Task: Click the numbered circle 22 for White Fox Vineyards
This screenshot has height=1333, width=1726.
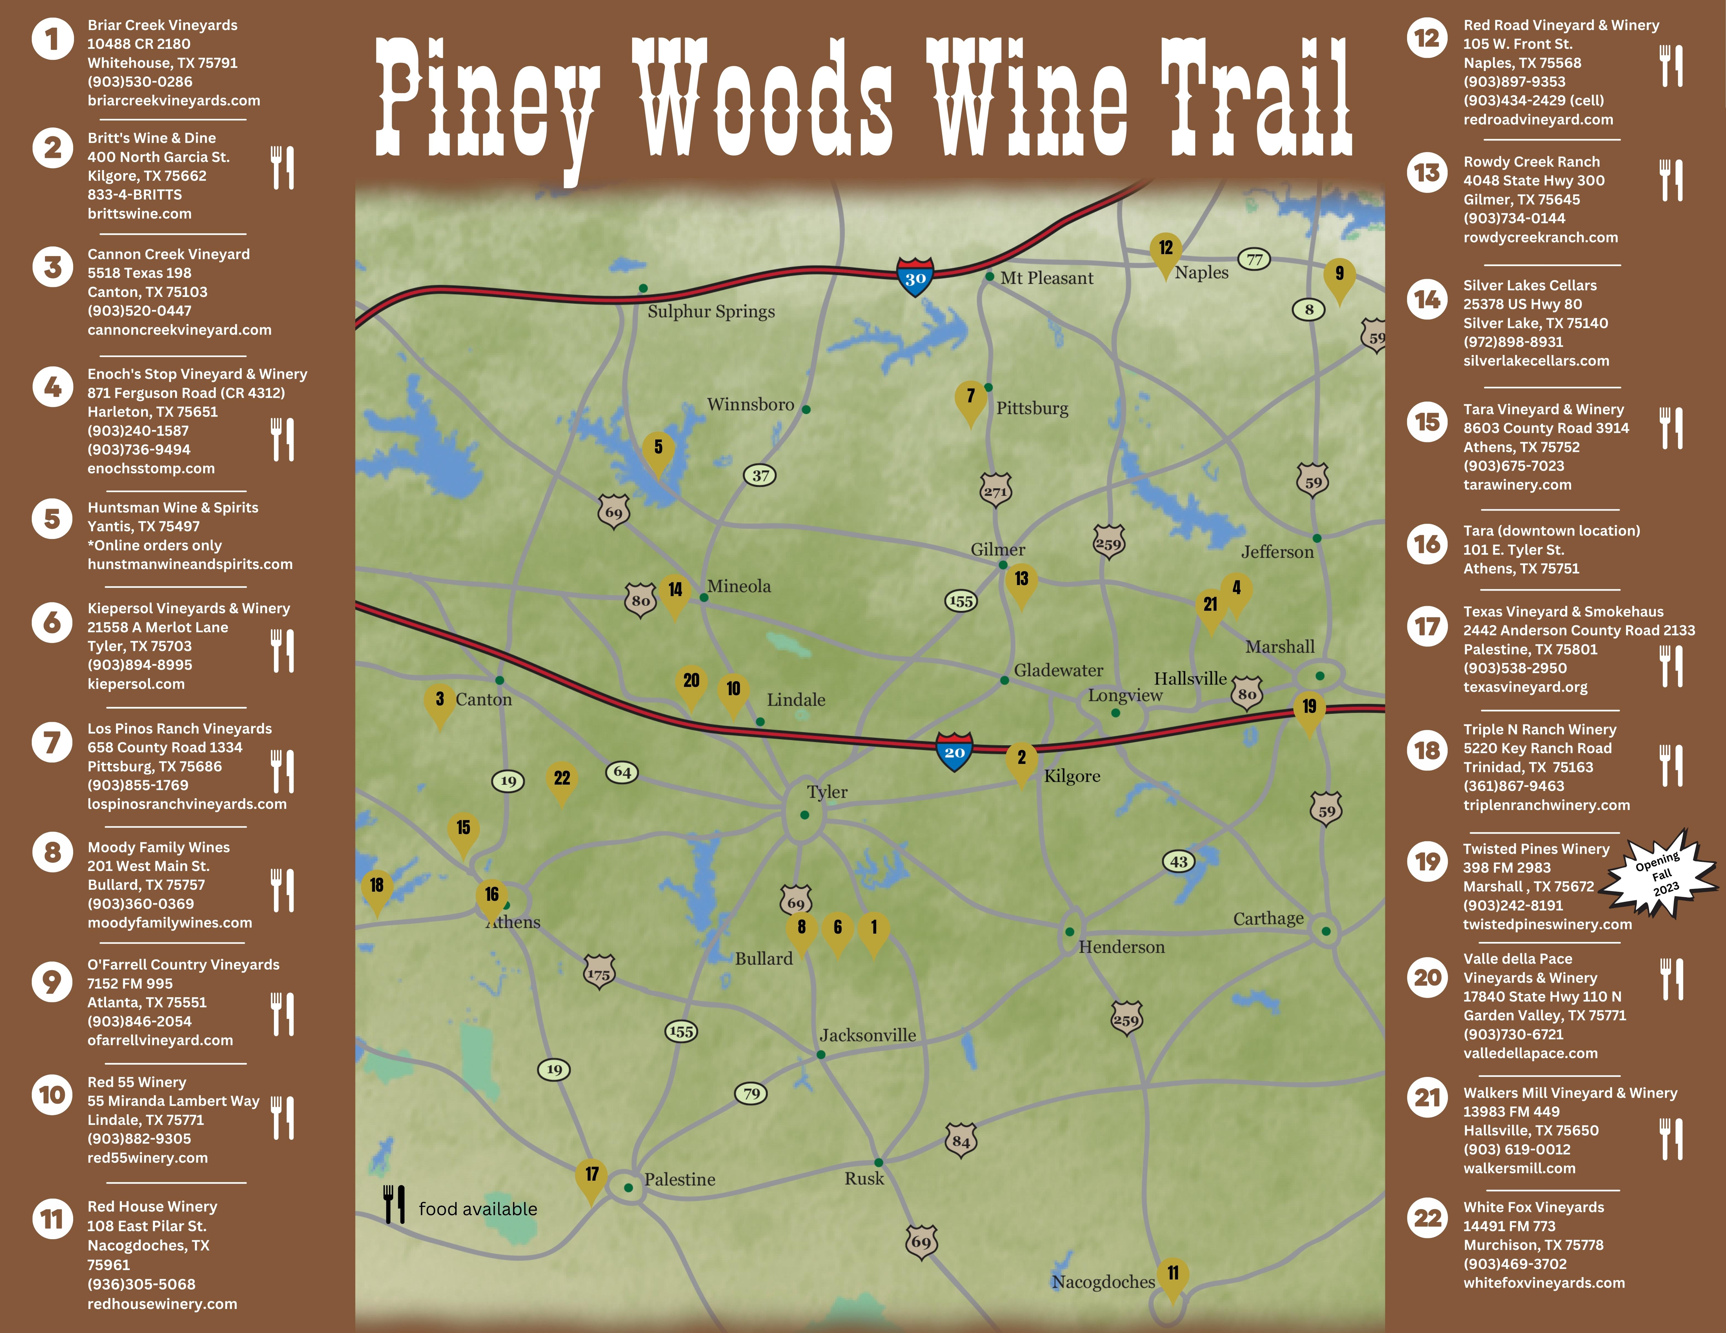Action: tap(1427, 1218)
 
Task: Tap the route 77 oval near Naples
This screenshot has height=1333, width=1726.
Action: tap(1254, 259)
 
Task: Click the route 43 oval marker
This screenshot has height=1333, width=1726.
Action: tap(1178, 861)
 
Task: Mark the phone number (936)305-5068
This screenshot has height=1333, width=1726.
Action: tap(141, 1284)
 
